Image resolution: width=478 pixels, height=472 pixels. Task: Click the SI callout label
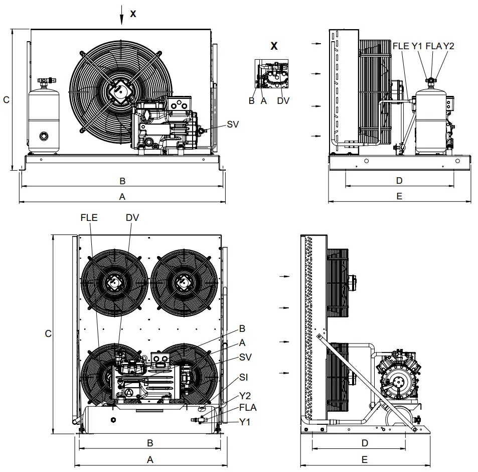coord(243,377)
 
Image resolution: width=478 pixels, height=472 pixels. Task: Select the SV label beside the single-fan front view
coord(232,124)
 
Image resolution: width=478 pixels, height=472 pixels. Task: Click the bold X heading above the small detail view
coord(274,46)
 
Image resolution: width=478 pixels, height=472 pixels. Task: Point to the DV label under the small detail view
coord(283,100)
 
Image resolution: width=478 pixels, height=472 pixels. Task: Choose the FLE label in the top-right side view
coord(401,46)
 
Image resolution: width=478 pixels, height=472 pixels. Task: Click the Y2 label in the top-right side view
coord(448,46)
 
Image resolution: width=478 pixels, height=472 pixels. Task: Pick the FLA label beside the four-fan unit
coord(247,408)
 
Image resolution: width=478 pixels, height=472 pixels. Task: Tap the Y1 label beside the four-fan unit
coord(244,422)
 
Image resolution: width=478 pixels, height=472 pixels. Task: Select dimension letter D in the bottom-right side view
coord(365,443)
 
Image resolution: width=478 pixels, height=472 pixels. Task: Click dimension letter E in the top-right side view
coord(399,196)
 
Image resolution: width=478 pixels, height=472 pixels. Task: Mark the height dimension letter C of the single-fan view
coord(6,100)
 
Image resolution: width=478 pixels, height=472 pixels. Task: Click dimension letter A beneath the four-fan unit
coord(149,459)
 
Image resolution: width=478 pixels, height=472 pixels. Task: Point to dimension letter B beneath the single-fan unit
coord(122,181)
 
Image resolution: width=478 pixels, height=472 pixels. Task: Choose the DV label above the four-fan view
coord(132,217)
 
